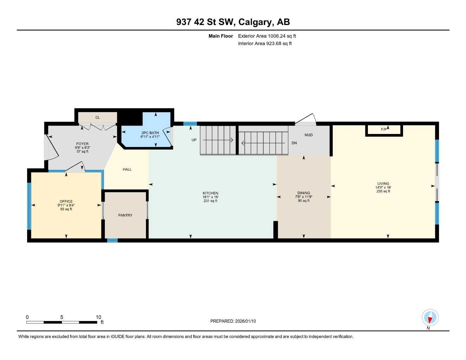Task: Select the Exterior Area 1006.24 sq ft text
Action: click(x=267, y=36)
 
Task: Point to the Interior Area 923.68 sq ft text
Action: click(x=265, y=44)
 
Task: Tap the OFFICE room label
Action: click(x=66, y=201)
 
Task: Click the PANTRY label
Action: click(x=125, y=215)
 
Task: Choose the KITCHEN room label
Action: click(x=210, y=193)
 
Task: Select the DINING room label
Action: click(x=304, y=193)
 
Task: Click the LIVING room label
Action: click(x=383, y=184)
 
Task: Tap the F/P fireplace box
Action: click(x=384, y=130)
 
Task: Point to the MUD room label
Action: click(x=308, y=135)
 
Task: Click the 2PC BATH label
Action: click(x=150, y=133)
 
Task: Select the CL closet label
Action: click(x=97, y=117)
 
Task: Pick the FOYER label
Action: click(x=82, y=144)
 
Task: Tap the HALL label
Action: click(x=127, y=169)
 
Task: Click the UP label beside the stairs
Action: click(x=194, y=140)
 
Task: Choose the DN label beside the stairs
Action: click(x=294, y=143)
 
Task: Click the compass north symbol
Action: click(x=430, y=318)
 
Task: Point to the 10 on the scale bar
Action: click(x=98, y=317)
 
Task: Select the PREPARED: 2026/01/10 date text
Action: click(x=233, y=321)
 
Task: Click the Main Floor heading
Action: click(x=221, y=36)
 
